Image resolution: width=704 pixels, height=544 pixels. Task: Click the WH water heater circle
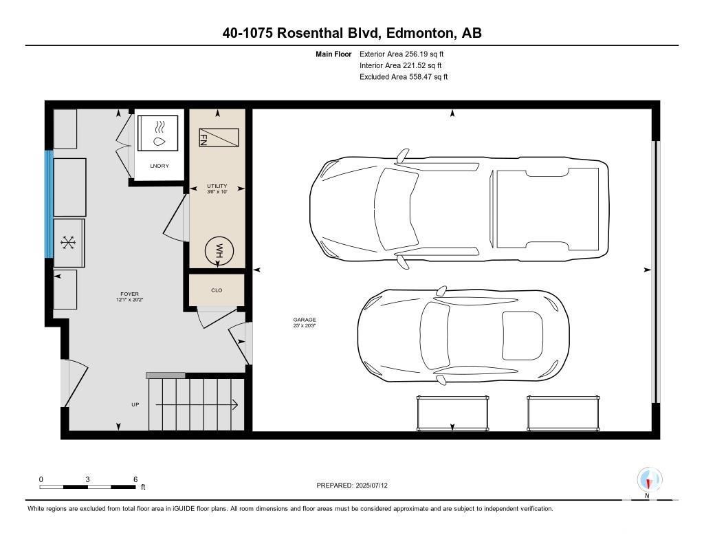219,250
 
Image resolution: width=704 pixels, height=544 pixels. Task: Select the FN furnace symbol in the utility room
219,138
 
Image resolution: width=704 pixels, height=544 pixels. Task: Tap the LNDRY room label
159,166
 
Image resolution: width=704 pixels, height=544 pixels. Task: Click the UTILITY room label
217,186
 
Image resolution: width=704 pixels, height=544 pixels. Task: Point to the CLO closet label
217,290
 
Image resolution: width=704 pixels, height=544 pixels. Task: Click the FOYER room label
129,294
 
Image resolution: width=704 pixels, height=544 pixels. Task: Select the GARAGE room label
305,320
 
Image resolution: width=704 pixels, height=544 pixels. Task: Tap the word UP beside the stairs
135,404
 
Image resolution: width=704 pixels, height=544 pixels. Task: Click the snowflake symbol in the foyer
68,243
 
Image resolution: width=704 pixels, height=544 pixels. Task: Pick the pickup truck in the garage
459,209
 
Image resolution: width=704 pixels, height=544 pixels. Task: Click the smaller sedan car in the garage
463,336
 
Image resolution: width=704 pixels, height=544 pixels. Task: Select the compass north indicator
649,481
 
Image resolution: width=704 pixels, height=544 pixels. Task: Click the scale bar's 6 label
135,479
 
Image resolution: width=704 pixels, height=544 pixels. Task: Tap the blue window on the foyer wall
49,204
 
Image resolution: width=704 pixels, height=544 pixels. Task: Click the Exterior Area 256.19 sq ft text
401,54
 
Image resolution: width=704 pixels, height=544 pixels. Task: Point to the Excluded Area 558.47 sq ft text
403,77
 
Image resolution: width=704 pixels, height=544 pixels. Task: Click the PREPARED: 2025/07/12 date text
351,485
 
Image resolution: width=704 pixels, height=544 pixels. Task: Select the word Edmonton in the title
419,33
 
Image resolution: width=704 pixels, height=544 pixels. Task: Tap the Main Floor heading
333,54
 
